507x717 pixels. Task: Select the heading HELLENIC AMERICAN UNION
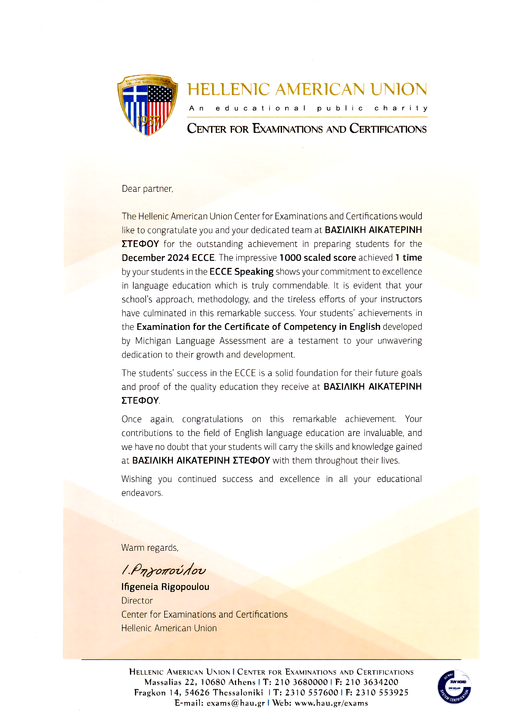(307, 90)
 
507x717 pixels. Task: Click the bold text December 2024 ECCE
(168, 258)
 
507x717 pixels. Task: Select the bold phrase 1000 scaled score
(318, 258)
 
